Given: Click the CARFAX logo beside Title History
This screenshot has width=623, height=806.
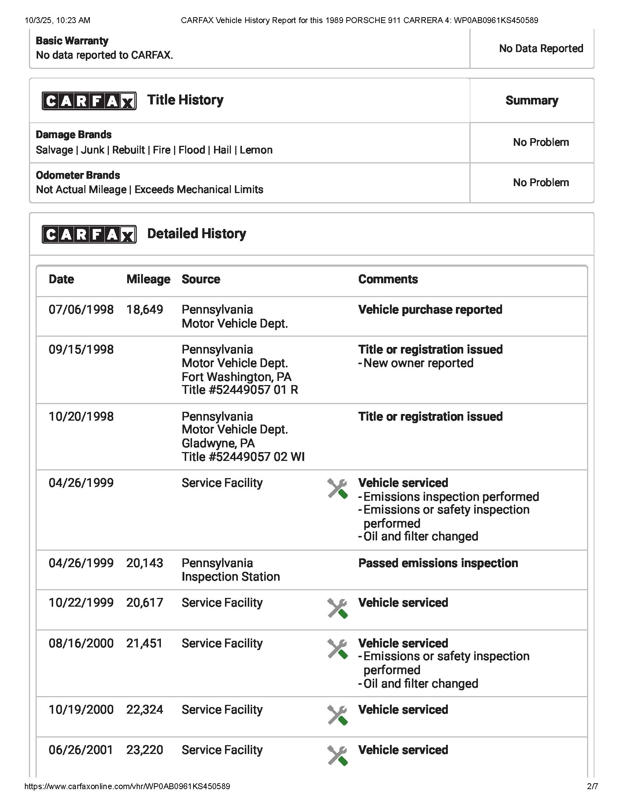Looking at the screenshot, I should coord(89,101).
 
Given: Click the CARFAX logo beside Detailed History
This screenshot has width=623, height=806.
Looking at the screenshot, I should coord(89,234).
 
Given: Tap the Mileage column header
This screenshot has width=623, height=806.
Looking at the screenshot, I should coord(148,280).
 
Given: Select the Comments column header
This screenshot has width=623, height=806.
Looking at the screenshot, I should coord(388,280).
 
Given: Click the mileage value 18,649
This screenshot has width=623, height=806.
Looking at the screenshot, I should coord(145,310).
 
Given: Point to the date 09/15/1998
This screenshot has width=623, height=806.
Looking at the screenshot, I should coord(81,350).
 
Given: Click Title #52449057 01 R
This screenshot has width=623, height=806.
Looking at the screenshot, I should coord(240,390).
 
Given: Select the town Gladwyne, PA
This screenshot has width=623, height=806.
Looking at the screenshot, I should coord(218,443).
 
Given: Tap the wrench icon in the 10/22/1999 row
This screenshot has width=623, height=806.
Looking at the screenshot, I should coord(337,608).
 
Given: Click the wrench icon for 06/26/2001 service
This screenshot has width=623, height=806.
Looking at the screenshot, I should coord(337,755).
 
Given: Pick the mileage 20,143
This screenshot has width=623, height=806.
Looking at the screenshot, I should coord(145,563).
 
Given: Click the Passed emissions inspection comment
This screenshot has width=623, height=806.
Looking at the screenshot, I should coord(438,563).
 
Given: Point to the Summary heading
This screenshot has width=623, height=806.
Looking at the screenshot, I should coord(532,100).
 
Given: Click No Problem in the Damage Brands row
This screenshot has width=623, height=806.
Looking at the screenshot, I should coord(541,143).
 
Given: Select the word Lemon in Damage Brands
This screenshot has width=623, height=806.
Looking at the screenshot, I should coord(256,150).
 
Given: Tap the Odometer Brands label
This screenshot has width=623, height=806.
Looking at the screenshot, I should coord(78,175).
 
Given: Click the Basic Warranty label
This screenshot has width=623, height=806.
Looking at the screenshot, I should coord(72,41).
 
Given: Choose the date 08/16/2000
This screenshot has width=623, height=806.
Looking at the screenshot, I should coord(81,643).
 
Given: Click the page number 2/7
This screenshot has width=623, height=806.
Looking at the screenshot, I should coord(592,787).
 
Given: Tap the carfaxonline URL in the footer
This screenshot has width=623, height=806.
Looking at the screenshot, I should coord(127,787).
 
